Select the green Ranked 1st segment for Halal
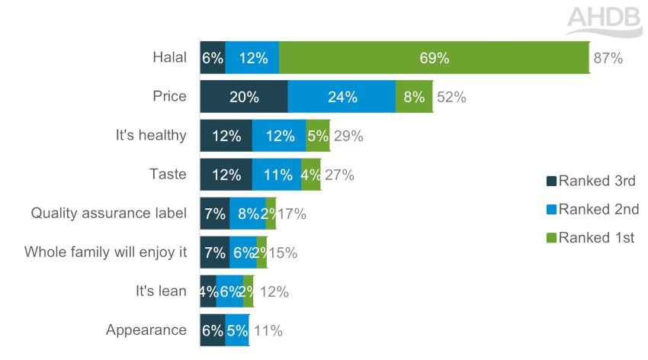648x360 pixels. click(434, 58)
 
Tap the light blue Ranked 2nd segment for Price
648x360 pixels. click(342, 97)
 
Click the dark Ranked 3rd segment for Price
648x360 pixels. click(244, 97)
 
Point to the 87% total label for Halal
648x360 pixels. click(608, 58)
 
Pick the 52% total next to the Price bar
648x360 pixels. click(451, 97)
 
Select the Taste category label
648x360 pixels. click(168, 174)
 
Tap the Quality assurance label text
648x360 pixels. click(108, 213)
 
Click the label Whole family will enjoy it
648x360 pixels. click(105, 252)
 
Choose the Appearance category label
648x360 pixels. click(146, 329)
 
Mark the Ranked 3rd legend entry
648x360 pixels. click(590, 181)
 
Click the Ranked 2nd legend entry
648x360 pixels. click(590, 209)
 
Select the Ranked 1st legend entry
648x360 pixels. click(590, 238)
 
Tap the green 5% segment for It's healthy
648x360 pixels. click(318, 136)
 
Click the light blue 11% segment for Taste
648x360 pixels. click(277, 175)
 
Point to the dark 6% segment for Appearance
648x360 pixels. click(213, 330)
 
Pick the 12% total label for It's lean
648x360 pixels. click(274, 291)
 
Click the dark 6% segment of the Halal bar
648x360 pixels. click(213, 58)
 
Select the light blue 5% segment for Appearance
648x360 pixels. click(237, 330)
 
